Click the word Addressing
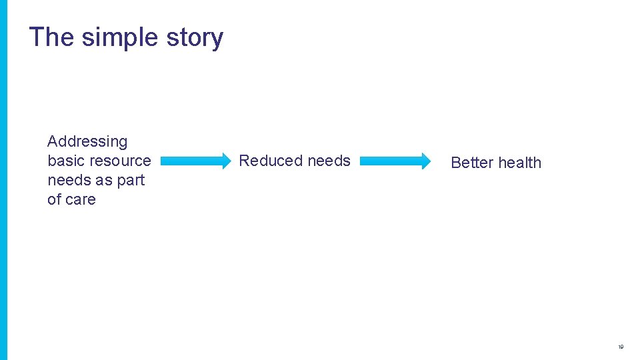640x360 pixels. tap(87, 141)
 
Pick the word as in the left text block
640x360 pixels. tap(104, 180)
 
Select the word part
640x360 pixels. tap(131, 181)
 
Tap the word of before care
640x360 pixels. tap(54, 199)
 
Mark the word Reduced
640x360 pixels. tap(266, 161)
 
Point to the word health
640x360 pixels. tap(520, 163)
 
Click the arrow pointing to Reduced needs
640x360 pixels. tap(195, 161)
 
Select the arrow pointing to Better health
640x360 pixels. tap(395, 161)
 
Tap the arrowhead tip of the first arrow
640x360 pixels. tap(229, 161)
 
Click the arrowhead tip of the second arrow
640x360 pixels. tap(430, 161)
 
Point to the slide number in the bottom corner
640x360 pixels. tap(621, 347)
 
